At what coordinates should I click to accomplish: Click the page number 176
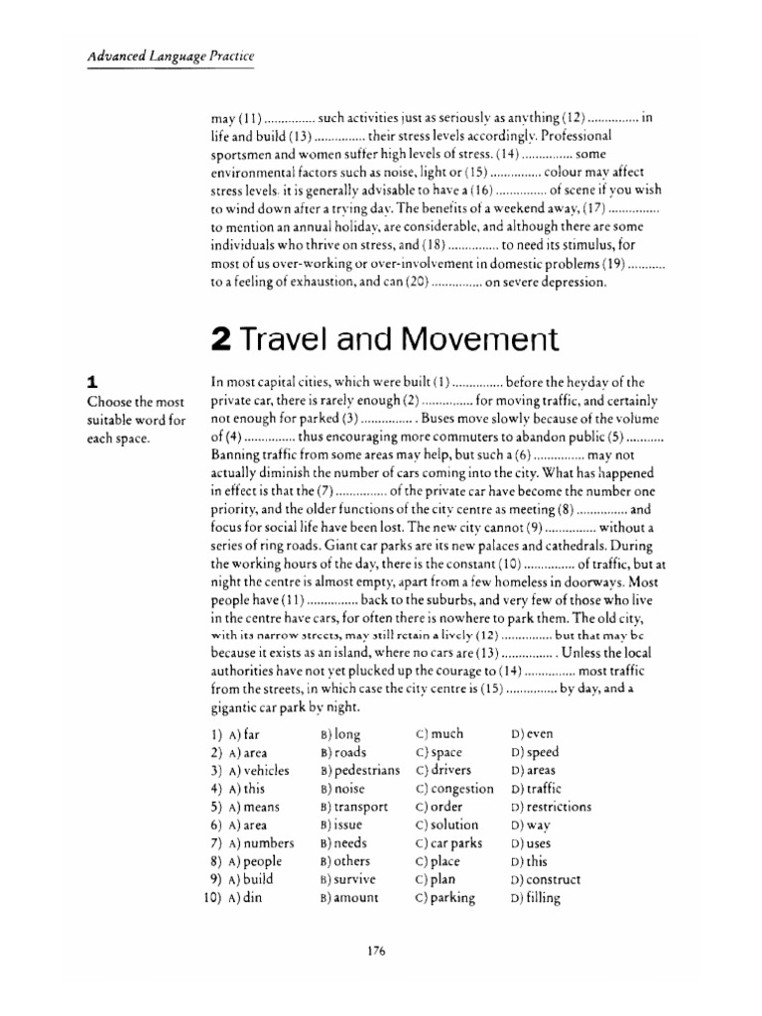coord(375,951)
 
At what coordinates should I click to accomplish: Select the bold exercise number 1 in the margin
coord(92,381)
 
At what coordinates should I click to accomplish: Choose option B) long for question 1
coord(341,735)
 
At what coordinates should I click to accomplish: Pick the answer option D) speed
coord(535,753)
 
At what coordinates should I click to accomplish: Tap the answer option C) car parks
coord(449,843)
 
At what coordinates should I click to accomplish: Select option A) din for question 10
coord(244,899)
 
